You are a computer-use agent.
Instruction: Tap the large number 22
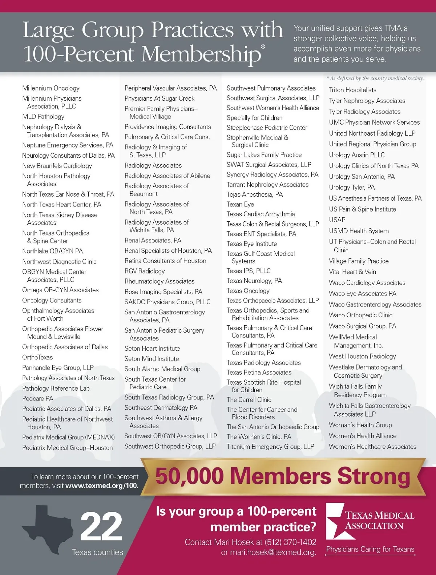tap(101, 526)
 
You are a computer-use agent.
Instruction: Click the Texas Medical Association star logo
tap(335, 521)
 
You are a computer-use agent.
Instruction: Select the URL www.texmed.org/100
tap(101, 486)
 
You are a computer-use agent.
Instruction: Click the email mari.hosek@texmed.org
tap(273, 552)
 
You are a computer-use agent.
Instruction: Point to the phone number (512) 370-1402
tap(290, 542)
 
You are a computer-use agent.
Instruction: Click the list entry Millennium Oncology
tap(51, 88)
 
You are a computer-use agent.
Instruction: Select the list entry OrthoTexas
tap(37, 357)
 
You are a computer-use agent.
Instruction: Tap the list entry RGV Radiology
tap(145, 271)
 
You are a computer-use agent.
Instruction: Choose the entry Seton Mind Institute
tap(152, 359)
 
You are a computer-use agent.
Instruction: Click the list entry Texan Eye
tap(240, 204)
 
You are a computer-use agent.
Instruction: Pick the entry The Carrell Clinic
tap(249, 400)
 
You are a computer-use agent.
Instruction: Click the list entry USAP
tap(337, 220)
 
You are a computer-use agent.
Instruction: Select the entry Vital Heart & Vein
tap(352, 272)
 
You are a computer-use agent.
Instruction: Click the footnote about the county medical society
tap(375, 78)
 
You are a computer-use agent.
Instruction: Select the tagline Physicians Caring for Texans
tap(370, 549)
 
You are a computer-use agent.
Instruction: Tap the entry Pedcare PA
tap(38, 398)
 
